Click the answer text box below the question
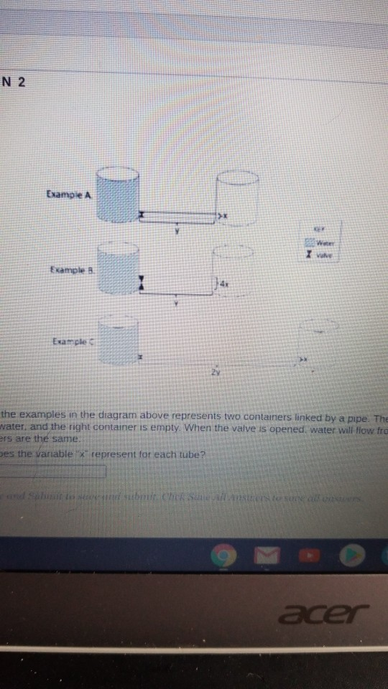54,471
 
